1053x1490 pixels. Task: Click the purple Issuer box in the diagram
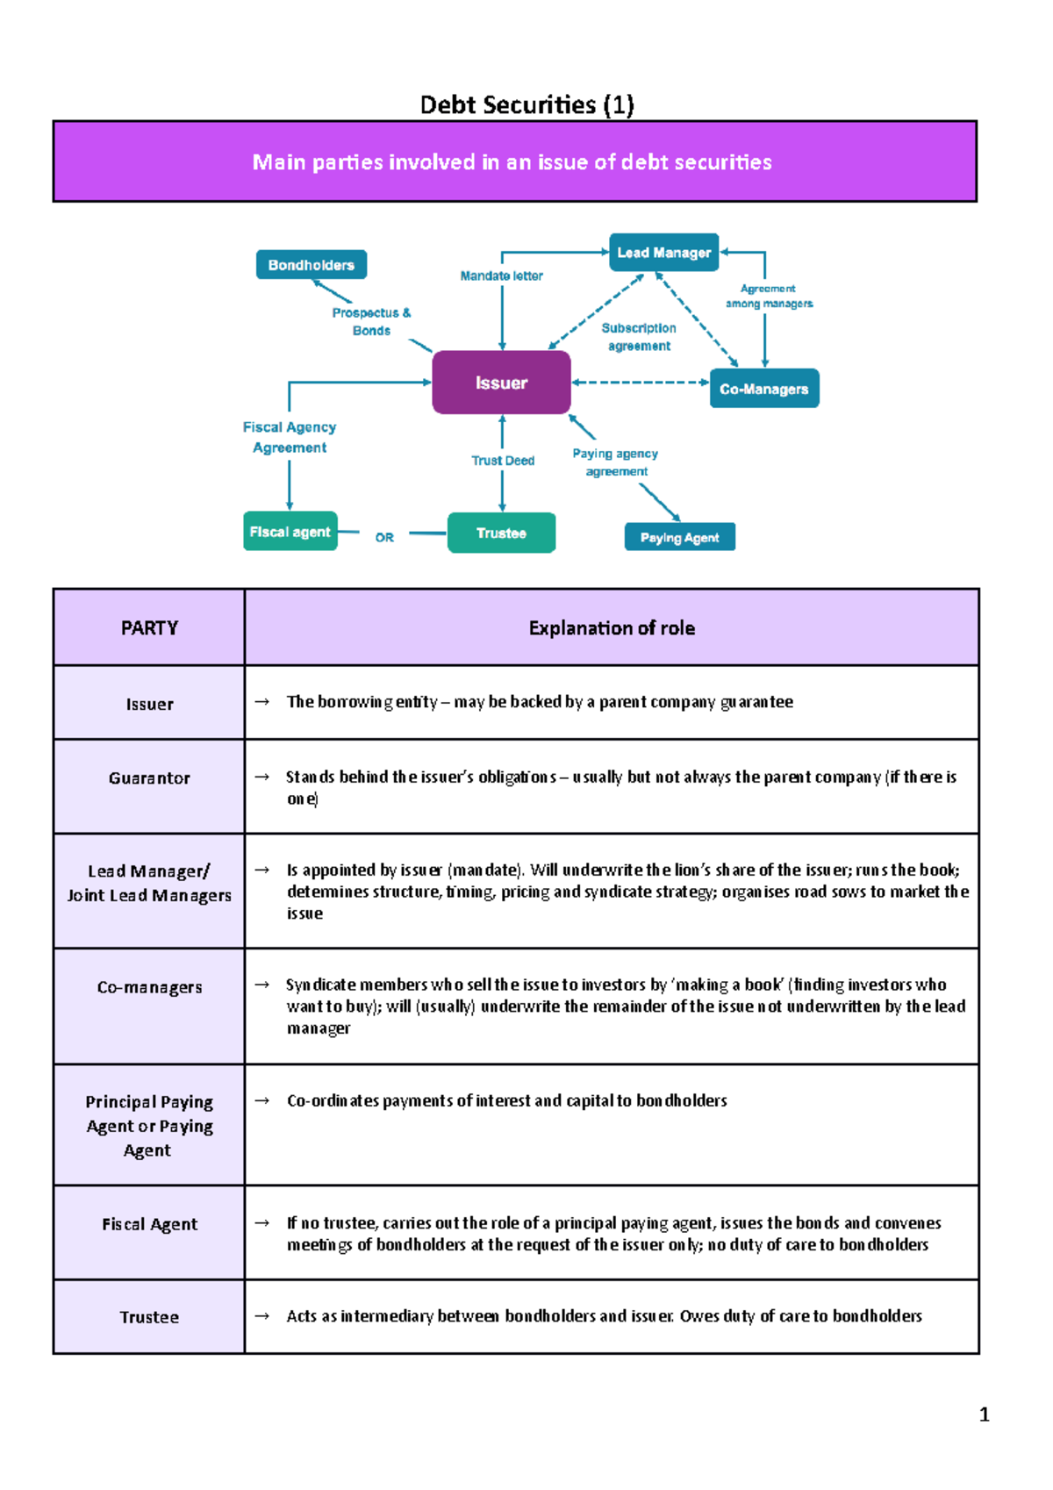click(x=501, y=383)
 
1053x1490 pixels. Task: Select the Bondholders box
click(x=312, y=265)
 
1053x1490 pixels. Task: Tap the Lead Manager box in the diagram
click(x=664, y=252)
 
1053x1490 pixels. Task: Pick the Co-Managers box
click(x=764, y=389)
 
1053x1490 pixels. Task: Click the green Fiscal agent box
click(x=290, y=532)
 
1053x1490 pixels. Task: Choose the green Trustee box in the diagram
click(x=502, y=533)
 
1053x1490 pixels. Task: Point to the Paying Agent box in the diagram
click(x=680, y=537)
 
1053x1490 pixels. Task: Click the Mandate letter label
click(x=502, y=276)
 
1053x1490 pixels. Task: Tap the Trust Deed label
click(x=503, y=461)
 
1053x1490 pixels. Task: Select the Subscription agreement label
click(x=639, y=337)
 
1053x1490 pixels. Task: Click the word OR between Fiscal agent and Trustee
click(x=384, y=537)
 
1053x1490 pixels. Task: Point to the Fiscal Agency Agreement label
click(x=290, y=438)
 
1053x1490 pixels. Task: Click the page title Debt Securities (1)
click(x=526, y=105)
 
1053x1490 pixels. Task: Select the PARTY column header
click(x=149, y=628)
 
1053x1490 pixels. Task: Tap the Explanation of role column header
click(x=612, y=628)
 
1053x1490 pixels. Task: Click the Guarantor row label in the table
click(x=149, y=778)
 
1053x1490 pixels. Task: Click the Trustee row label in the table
click(x=149, y=1317)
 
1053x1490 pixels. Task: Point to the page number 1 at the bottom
click(x=985, y=1414)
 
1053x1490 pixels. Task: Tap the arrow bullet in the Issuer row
click(x=261, y=702)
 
